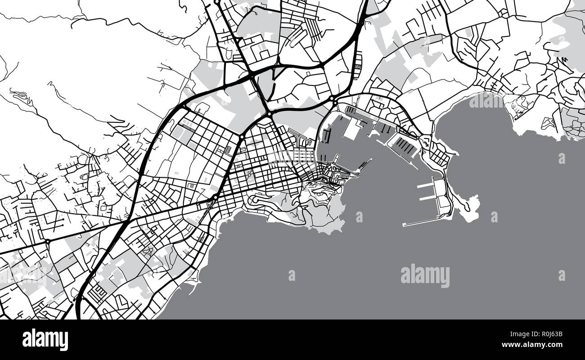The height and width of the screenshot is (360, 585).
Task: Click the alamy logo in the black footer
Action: pyautogui.click(x=45, y=339)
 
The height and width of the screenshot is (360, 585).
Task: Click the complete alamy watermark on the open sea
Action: pyautogui.click(x=425, y=276)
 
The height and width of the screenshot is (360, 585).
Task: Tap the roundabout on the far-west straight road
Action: pyautogui.click(x=47, y=242)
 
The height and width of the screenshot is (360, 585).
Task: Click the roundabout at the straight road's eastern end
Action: pyautogui.click(x=216, y=197)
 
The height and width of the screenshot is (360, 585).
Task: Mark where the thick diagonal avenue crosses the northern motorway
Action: pyautogui.click(x=252, y=73)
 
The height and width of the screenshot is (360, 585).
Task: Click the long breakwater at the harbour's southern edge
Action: pyautogui.click(x=421, y=222)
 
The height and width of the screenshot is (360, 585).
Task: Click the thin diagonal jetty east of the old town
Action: pyautogui.click(x=365, y=165)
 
